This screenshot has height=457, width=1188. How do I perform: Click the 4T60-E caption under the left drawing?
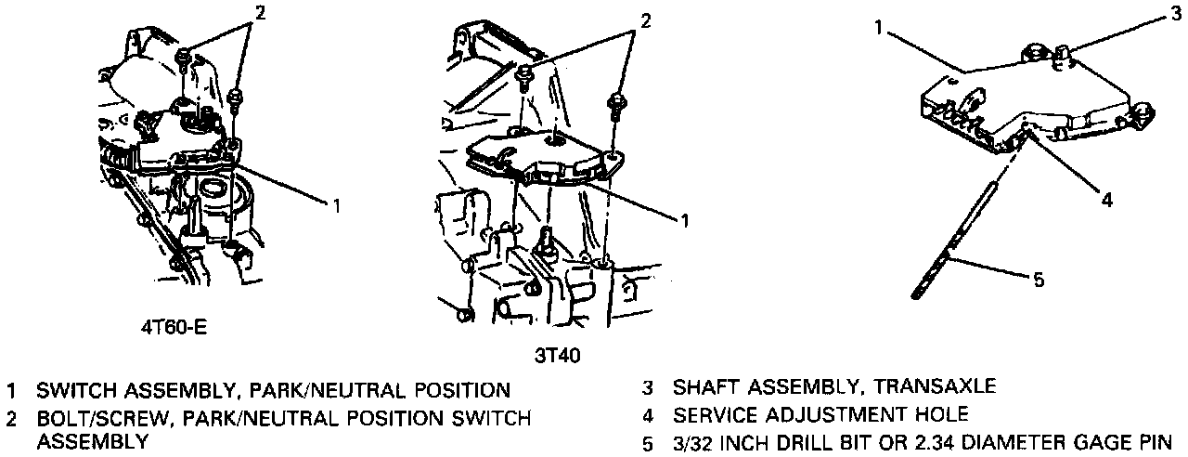tap(170, 327)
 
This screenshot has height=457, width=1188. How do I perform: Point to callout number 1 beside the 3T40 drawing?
tap(684, 220)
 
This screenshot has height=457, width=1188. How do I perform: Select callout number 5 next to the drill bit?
tap(1039, 278)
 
